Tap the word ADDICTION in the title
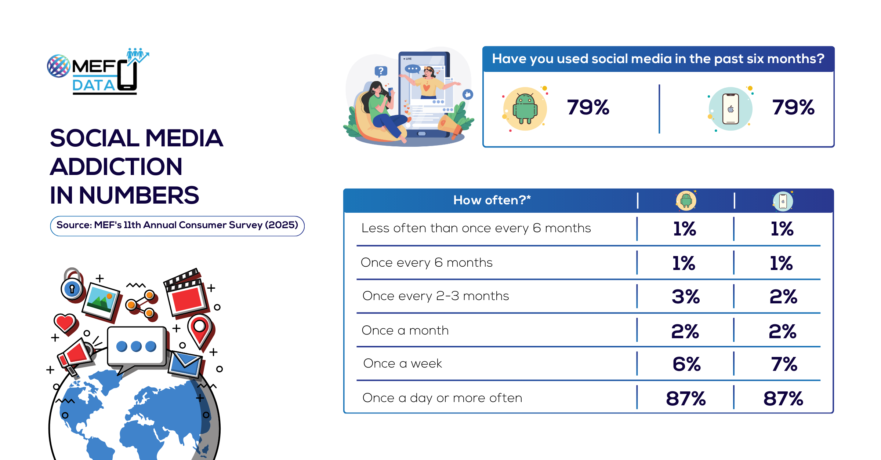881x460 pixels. click(116, 167)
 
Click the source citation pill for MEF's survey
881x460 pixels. click(177, 226)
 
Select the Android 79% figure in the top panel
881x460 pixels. click(588, 107)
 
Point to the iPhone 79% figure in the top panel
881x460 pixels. click(793, 107)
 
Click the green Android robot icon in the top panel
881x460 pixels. click(525, 109)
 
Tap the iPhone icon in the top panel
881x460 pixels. click(730, 109)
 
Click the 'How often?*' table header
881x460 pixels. click(492, 200)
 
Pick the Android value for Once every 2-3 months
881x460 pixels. click(685, 296)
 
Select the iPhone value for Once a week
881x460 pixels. click(784, 364)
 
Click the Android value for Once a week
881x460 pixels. click(686, 364)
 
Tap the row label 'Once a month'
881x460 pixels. click(405, 331)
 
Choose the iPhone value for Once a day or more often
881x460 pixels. click(783, 398)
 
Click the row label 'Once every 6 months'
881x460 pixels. click(427, 263)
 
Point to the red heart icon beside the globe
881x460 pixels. click(65, 323)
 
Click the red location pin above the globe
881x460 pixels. click(200, 329)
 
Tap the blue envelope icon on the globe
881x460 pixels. click(185, 364)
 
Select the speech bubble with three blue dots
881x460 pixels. click(136, 347)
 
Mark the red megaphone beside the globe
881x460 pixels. click(75, 354)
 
